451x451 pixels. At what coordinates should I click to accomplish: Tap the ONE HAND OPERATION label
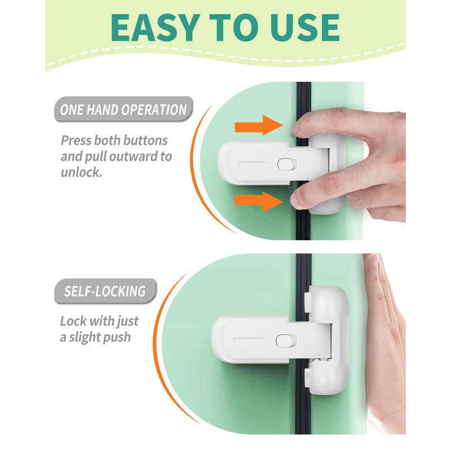(x=123, y=109)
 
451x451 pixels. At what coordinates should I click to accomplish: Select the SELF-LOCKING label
(x=104, y=291)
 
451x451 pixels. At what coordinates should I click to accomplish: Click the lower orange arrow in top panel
(x=258, y=200)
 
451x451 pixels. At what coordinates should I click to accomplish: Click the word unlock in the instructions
(x=82, y=172)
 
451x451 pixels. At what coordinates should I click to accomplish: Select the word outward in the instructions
(x=144, y=156)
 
